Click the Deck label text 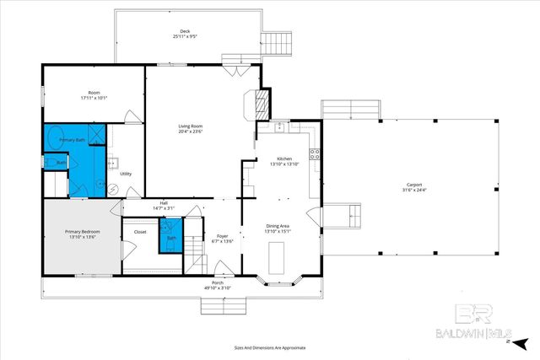point(184,31)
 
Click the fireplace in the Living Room point(259,105)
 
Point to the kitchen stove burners point(315,154)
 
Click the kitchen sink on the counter point(280,128)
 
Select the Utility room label point(126,174)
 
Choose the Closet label point(140,231)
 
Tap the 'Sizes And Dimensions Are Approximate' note point(269,347)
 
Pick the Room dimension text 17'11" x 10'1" point(94,97)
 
